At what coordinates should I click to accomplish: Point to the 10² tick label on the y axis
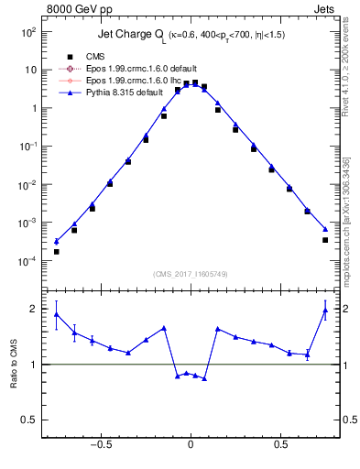[x=28, y=31]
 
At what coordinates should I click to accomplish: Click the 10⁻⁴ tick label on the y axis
[x=28, y=261]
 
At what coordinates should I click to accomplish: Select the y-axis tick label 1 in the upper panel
[x=32, y=108]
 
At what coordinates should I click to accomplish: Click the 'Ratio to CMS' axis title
[x=13, y=364]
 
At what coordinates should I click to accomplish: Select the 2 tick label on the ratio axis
[x=33, y=309]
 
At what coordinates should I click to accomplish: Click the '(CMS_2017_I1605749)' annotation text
[x=190, y=274]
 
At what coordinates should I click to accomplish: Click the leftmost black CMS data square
[x=56, y=251]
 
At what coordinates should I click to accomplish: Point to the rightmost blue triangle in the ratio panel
[x=325, y=311]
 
